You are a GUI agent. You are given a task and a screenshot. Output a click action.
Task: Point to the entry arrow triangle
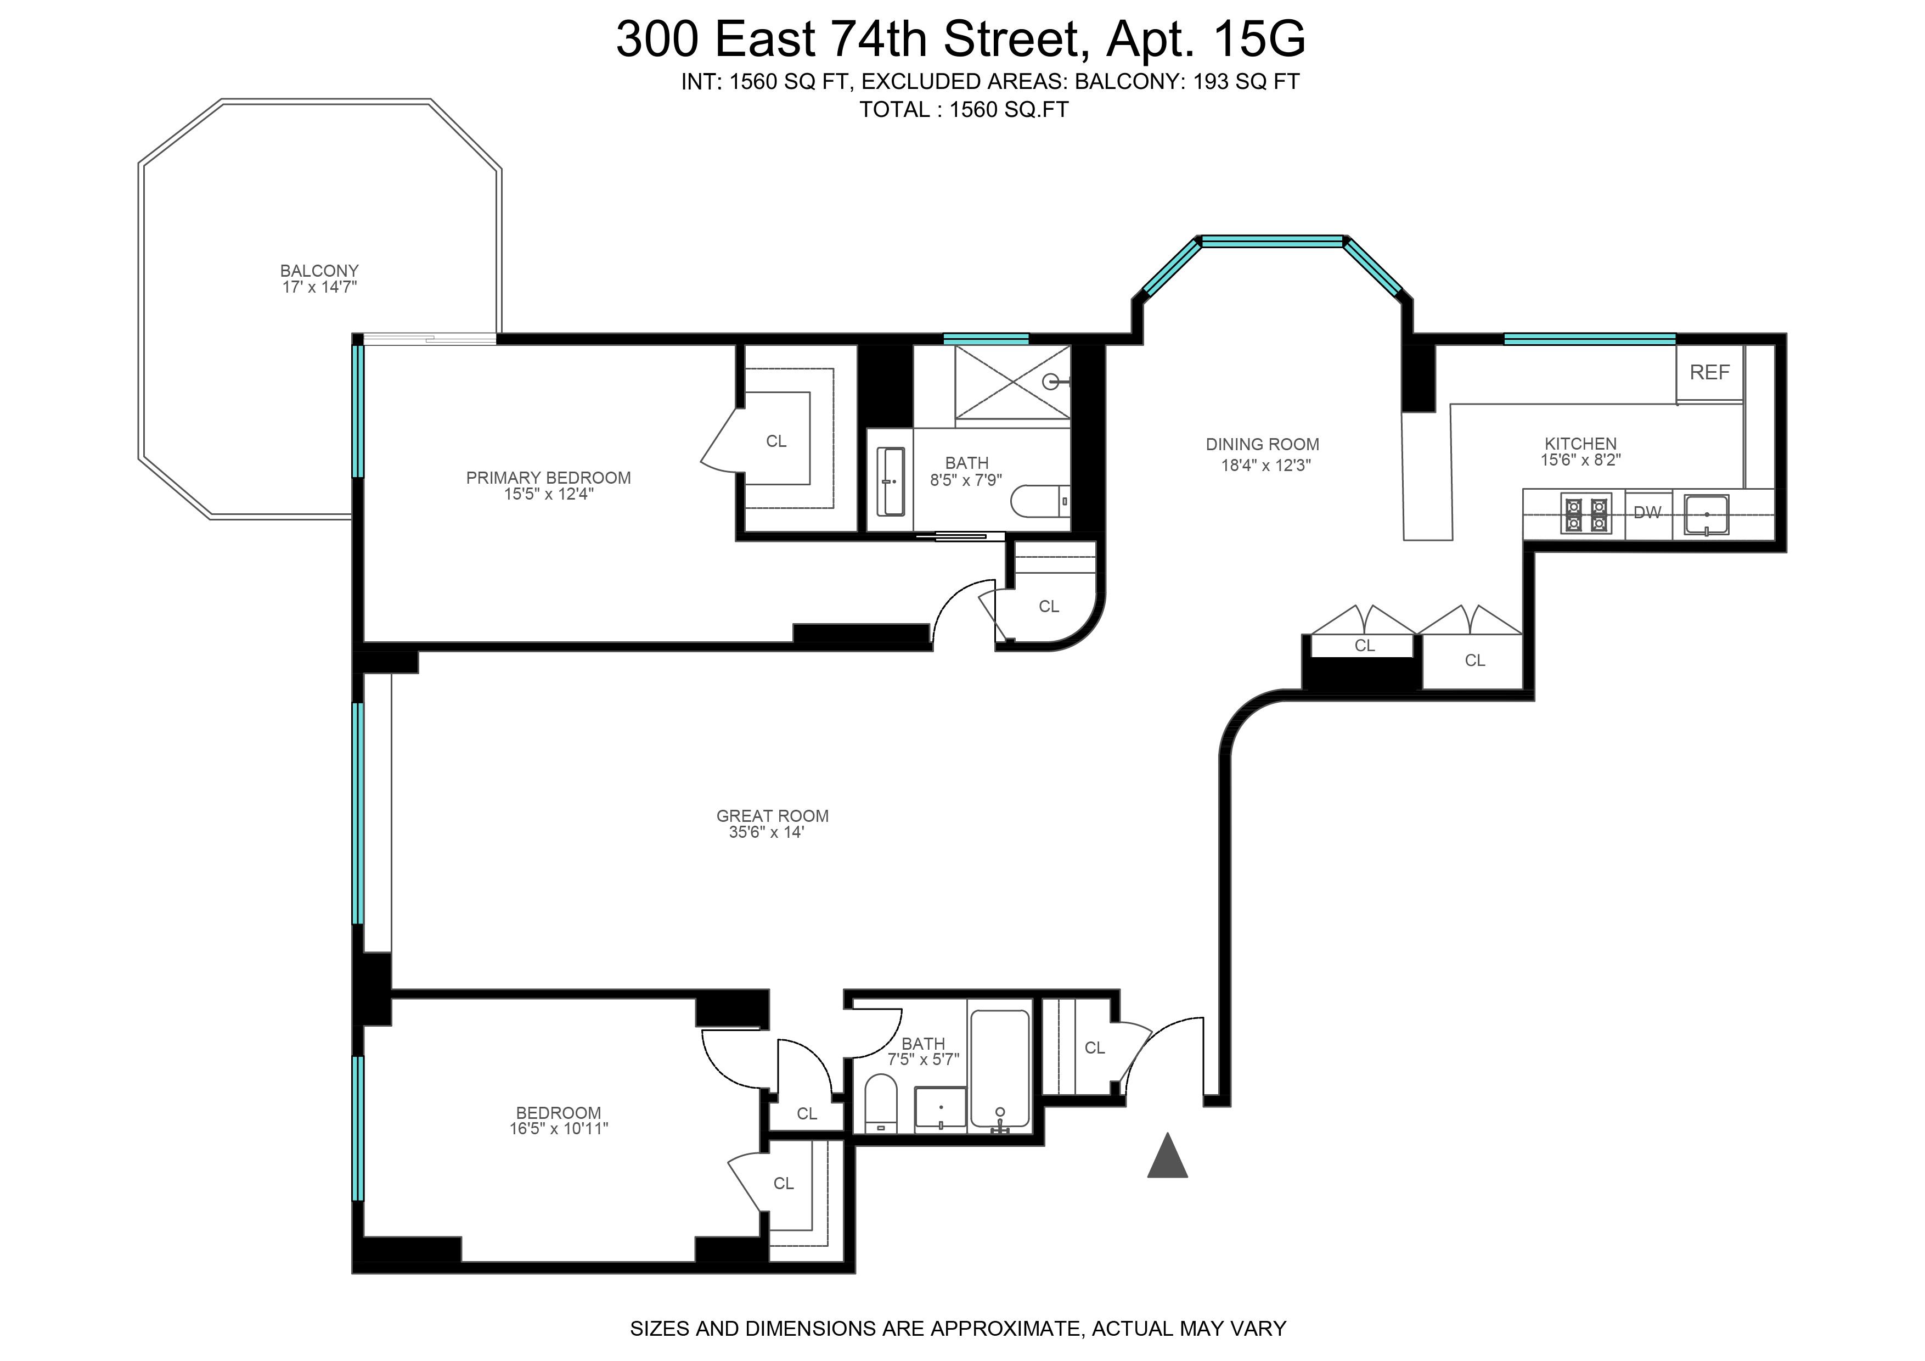click(1167, 1157)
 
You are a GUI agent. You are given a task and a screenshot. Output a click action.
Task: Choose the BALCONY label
click(319, 271)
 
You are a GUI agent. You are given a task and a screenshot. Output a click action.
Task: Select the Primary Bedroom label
click(548, 478)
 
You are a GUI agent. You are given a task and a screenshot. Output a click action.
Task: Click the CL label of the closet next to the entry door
click(1094, 1048)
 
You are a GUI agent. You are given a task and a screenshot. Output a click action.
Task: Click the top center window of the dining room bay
click(1272, 242)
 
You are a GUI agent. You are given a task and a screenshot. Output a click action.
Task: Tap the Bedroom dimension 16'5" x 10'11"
click(559, 1129)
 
